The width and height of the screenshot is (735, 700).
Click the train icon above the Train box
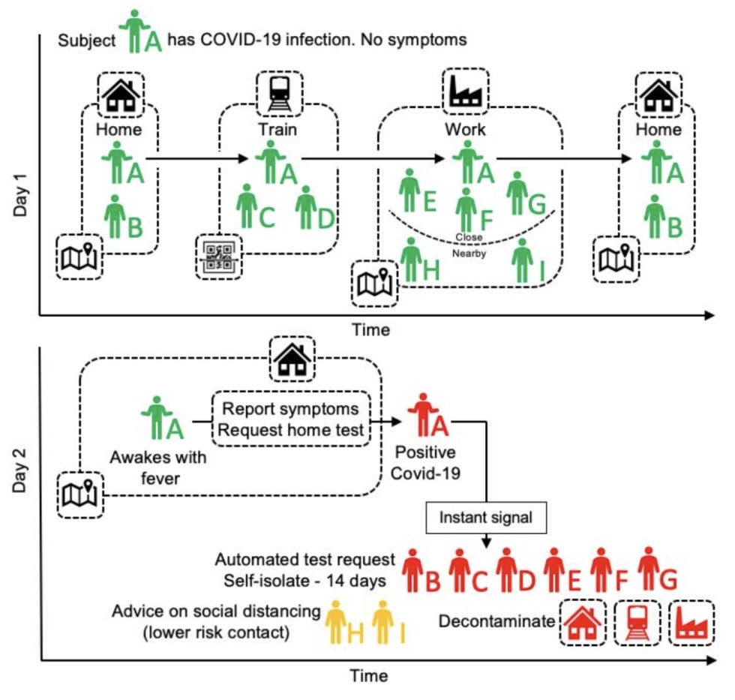278,92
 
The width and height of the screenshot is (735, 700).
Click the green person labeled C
247,206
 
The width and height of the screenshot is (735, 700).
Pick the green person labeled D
306,207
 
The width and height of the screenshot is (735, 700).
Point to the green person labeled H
410,260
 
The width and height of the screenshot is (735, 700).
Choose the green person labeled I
522,261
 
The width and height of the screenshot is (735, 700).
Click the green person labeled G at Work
516,193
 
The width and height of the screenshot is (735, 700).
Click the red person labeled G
648,568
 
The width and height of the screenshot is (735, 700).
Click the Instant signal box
487,517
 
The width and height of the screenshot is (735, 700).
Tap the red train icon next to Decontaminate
637,623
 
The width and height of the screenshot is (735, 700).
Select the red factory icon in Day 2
691,623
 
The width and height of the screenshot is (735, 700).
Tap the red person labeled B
412,569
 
